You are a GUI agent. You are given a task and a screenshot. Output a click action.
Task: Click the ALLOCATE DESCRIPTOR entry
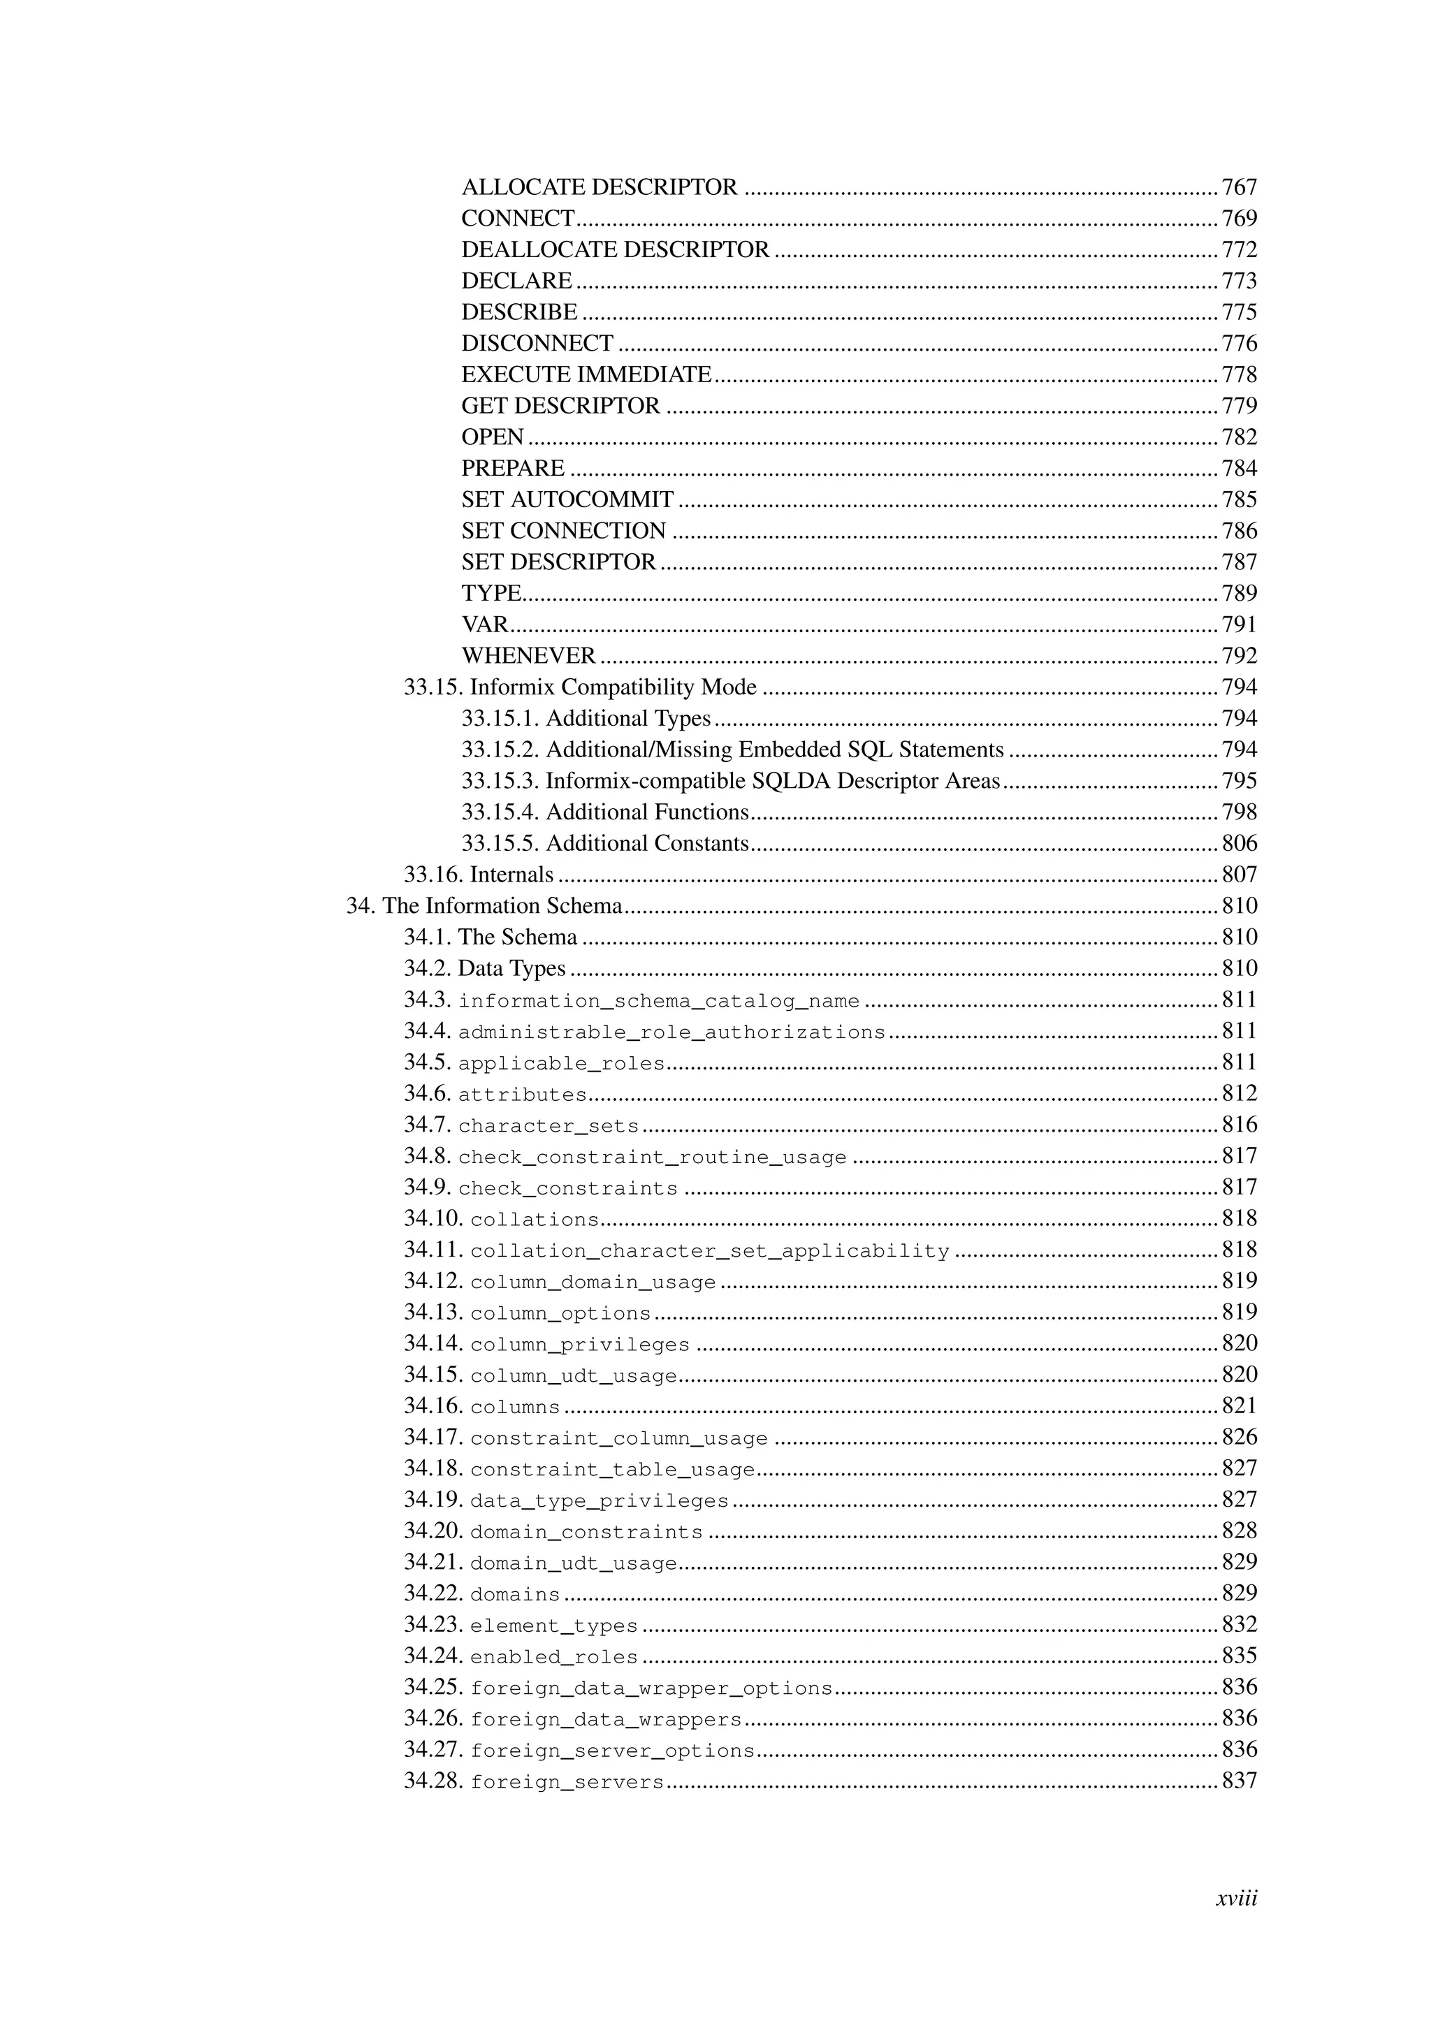coord(600,188)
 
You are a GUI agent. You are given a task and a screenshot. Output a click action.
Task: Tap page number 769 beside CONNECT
coord(1239,219)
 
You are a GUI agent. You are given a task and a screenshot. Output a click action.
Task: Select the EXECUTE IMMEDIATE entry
coord(586,375)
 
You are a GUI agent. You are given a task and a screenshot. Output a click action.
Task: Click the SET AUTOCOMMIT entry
coord(567,500)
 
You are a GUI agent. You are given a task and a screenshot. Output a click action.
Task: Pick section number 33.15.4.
coord(500,812)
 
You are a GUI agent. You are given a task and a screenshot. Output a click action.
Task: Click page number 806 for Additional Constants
coord(1239,844)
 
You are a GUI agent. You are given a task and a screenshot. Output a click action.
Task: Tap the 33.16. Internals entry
coord(479,875)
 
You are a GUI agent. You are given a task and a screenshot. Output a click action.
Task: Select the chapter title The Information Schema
coord(502,907)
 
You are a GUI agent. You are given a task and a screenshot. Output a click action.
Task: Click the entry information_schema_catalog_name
coord(658,1001)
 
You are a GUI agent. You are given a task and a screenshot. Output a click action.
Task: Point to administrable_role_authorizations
coord(671,1032)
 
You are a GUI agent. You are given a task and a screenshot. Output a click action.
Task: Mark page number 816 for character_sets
coord(1239,1125)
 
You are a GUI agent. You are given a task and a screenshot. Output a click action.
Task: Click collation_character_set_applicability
coord(709,1251)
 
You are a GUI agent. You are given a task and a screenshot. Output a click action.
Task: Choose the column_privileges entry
coord(580,1345)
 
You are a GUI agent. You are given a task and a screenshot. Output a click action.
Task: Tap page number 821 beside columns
coord(1239,1406)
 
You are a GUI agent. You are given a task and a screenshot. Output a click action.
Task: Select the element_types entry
coord(553,1626)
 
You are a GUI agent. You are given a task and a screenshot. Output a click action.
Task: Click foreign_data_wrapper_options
coord(651,1688)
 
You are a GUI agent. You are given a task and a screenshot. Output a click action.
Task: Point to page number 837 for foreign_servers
coord(1239,1781)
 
